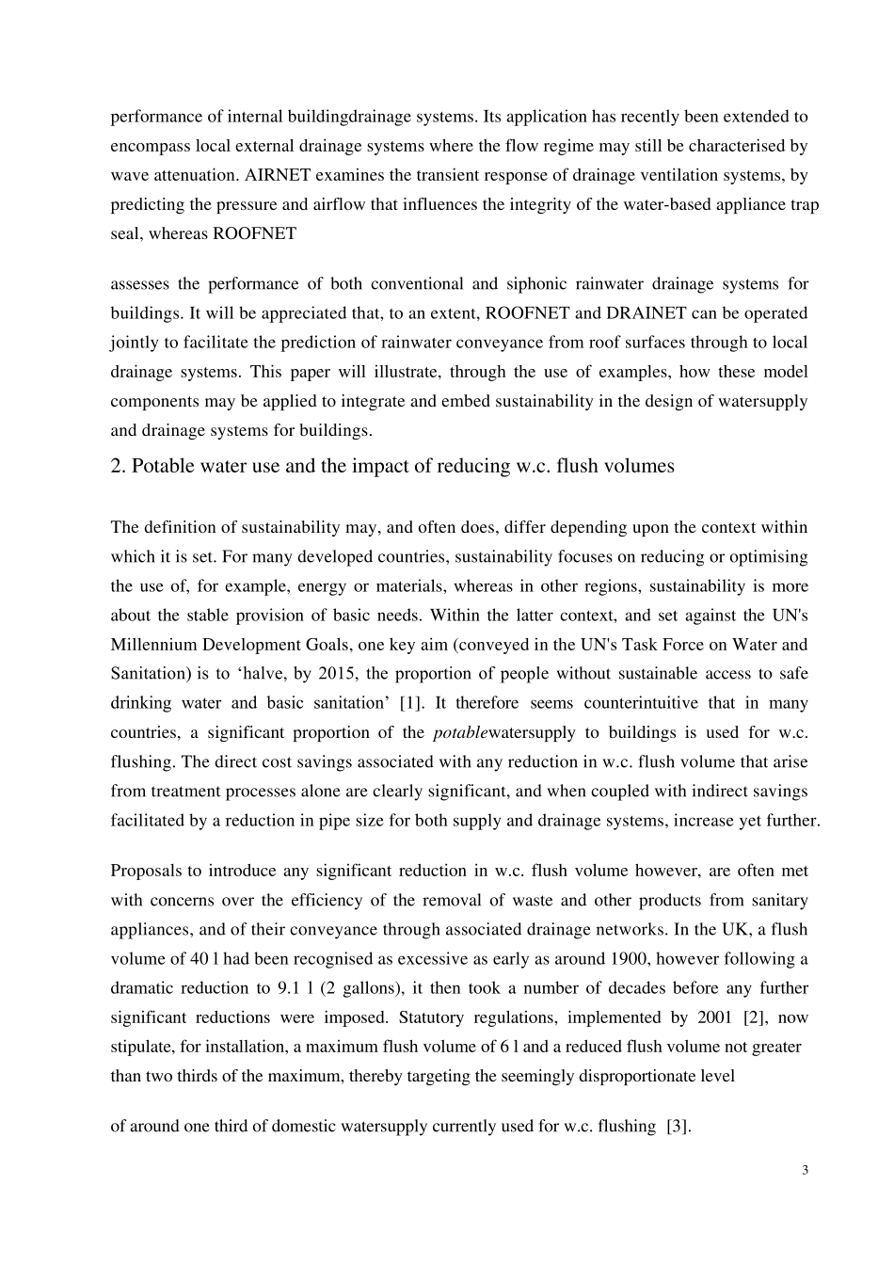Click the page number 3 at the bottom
click(805, 1171)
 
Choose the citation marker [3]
click(678, 1126)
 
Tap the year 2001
click(710, 1017)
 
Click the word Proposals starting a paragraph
click(145, 872)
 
